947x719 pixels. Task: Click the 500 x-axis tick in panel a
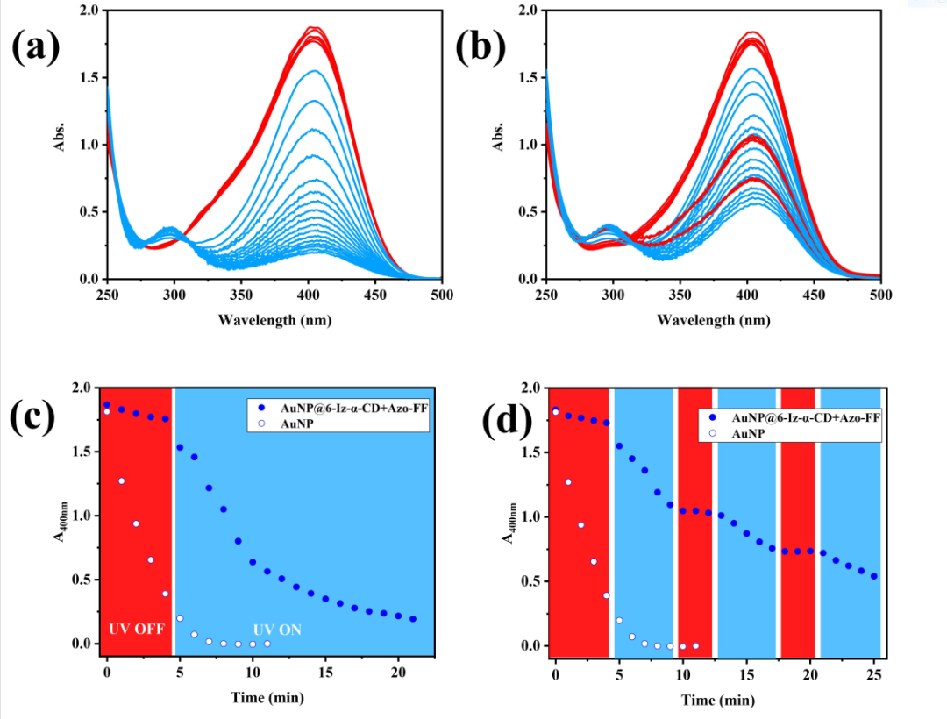[441, 294]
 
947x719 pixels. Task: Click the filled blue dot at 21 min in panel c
[413, 619]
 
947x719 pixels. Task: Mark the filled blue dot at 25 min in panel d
[874, 576]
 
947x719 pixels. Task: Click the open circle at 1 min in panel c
[122, 481]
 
